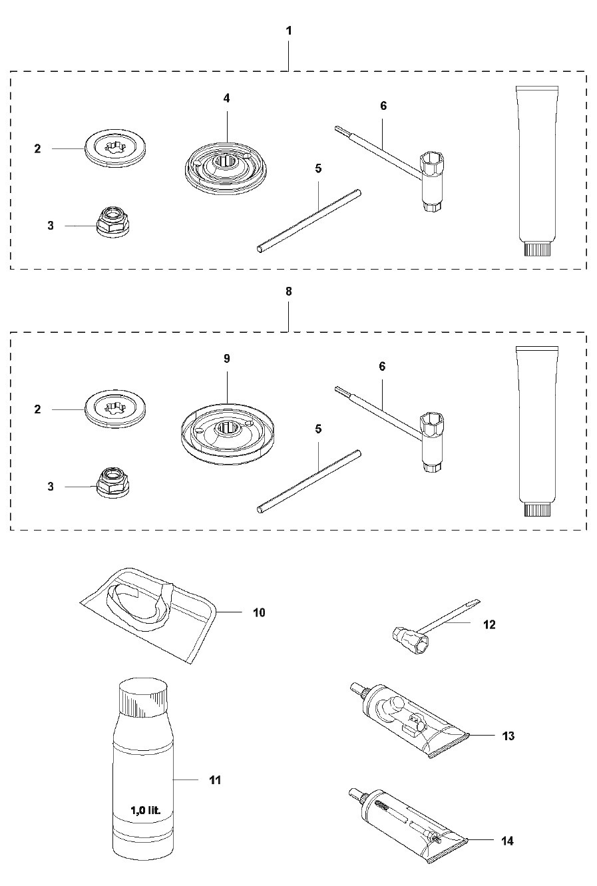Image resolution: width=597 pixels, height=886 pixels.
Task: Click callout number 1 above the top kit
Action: pyautogui.click(x=289, y=31)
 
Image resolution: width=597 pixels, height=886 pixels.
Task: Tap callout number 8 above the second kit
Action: pyautogui.click(x=289, y=292)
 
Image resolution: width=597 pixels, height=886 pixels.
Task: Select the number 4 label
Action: pyautogui.click(x=226, y=98)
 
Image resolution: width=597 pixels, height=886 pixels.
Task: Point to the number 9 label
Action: pyautogui.click(x=226, y=359)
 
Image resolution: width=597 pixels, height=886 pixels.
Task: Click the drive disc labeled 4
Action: pyautogui.click(x=226, y=168)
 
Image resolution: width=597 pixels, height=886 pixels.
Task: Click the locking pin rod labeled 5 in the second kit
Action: pyautogui.click(x=309, y=482)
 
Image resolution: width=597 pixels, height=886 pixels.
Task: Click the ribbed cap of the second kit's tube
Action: pyautogui.click(x=537, y=509)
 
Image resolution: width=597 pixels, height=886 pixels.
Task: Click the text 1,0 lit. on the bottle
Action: pyautogui.click(x=146, y=811)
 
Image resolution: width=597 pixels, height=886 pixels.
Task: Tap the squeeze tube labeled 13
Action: pyautogui.click(x=409, y=719)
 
